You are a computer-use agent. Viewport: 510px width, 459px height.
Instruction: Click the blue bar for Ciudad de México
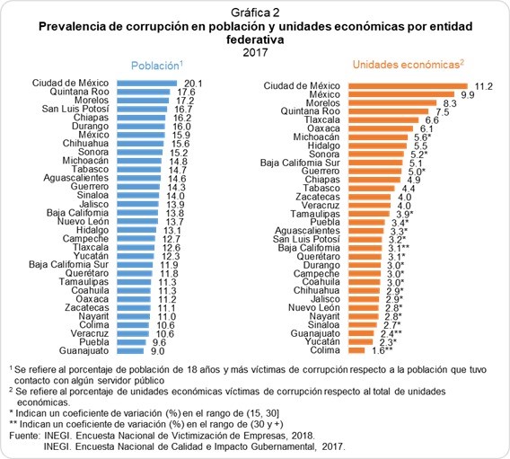tap(146, 84)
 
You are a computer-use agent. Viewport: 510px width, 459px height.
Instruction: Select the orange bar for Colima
tap(356, 350)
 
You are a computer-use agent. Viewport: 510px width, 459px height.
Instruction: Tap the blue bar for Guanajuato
tap(130, 351)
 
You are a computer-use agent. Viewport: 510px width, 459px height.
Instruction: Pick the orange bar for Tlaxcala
tap(383, 120)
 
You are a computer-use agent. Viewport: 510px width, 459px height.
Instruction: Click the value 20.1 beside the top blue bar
tap(193, 84)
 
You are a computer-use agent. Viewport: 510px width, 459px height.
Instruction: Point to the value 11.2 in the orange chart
tap(484, 86)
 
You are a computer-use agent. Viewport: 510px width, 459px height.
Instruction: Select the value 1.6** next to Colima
tap(382, 350)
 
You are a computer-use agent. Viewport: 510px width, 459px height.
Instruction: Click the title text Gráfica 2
tap(255, 13)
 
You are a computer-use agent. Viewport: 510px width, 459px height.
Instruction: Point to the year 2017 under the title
tap(255, 52)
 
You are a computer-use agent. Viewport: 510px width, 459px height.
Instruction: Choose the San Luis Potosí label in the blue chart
tap(75, 109)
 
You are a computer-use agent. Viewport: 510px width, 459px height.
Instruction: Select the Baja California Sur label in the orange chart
tap(300, 163)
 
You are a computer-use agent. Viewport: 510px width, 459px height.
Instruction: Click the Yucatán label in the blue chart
tap(91, 256)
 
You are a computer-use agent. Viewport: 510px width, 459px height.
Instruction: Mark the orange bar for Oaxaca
tap(381, 128)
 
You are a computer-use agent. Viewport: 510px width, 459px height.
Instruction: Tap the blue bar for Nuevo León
tap(137, 222)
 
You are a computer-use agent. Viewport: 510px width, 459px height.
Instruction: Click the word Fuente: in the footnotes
tap(24, 436)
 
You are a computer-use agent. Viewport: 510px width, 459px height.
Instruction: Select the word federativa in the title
tap(255, 40)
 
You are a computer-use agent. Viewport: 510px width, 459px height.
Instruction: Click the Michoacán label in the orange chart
tap(316, 137)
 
